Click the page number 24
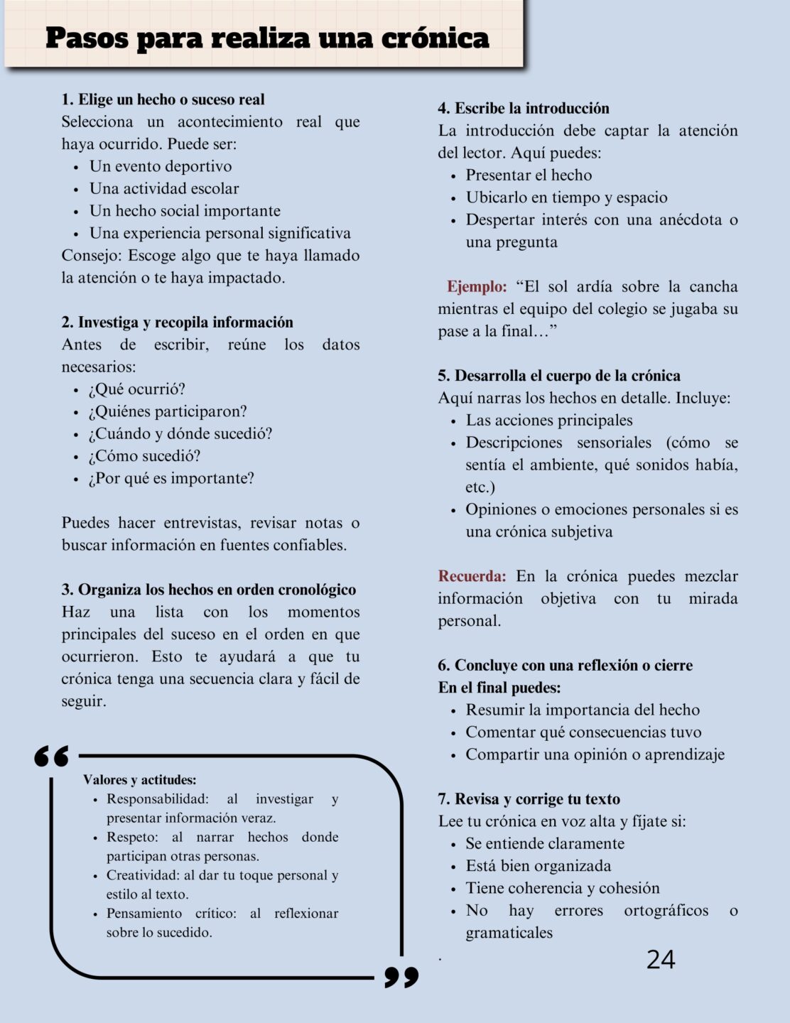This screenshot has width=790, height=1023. pyautogui.click(x=660, y=960)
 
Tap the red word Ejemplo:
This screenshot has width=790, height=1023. pyautogui.click(x=476, y=287)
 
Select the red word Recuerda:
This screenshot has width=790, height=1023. pyautogui.click(x=472, y=576)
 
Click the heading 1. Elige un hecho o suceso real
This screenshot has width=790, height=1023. pyautogui.click(x=163, y=99)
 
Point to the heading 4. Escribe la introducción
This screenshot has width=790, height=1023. pyautogui.click(x=524, y=108)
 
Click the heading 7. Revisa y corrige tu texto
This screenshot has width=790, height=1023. pyautogui.click(x=529, y=799)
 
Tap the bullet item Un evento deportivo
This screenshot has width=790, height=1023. pyautogui.click(x=161, y=166)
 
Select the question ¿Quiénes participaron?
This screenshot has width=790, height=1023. pyautogui.click(x=168, y=411)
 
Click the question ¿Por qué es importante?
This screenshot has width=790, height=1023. pyautogui.click(x=171, y=478)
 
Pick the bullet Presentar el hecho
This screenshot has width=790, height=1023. pyautogui.click(x=529, y=175)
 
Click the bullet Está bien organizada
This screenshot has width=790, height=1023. pyautogui.click(x=538, y=866)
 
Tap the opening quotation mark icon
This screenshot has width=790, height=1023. pyautogui.click(x=52, y=757)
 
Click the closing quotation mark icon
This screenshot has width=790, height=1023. pyautogui.click(x=401, y=977)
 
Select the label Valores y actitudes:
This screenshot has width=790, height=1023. pyautogui.click(x=139, y=780)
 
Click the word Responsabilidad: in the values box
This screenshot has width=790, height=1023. pyautogui.click(x=157, y=799)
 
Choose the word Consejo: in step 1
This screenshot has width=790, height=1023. pyautogui.click(x=92, y=256)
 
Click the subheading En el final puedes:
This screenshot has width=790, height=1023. pyautogui.click(x=499, y=688)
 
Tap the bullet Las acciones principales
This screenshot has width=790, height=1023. pyautogui.click(x=548, y=421)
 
